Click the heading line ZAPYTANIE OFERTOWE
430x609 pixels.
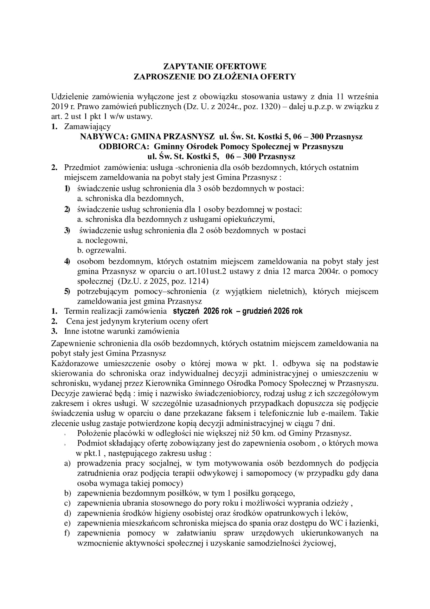(215, 67)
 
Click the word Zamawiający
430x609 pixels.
(87, 127)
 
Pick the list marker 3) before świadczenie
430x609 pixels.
(67, 231)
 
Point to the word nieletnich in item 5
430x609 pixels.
(288, 291)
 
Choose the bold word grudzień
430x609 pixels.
(257, 311)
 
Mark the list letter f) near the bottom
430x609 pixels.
(67, 533)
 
